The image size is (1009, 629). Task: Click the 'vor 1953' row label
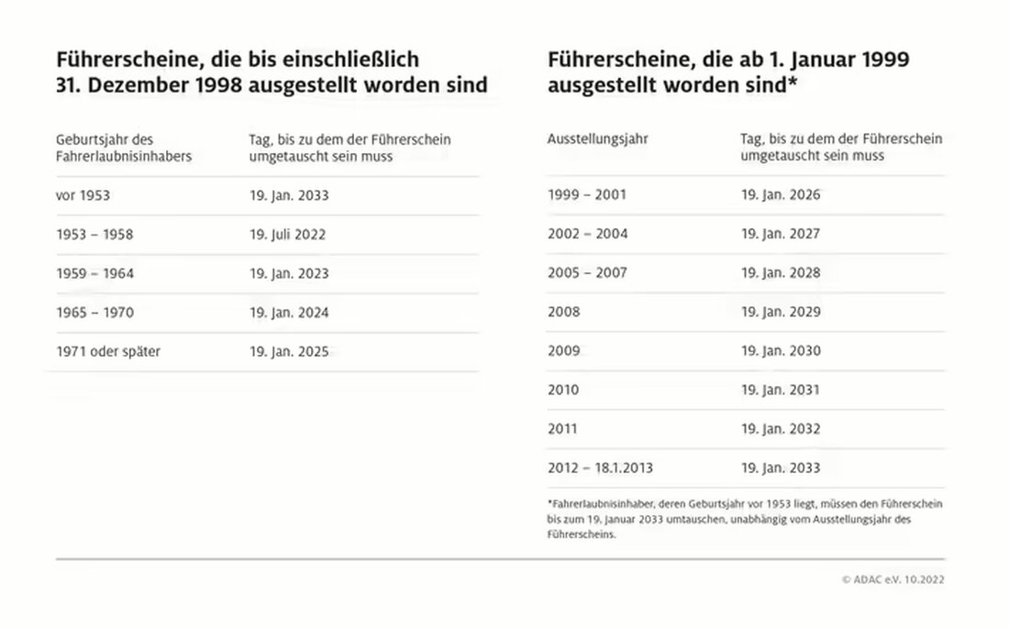83,195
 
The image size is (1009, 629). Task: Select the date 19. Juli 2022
287,235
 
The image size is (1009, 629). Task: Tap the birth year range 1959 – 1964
94,273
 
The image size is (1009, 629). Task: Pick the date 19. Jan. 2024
288,313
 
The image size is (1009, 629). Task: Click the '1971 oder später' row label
108,351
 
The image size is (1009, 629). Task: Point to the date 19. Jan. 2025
288,351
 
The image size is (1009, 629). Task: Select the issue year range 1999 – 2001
587,195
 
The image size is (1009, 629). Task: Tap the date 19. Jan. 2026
781,195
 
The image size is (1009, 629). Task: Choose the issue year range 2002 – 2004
587,234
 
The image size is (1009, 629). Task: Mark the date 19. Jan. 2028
781,273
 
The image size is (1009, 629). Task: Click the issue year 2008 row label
564,312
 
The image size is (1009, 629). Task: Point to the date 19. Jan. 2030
781,351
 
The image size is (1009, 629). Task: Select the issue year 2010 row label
564,390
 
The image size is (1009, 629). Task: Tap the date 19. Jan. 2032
781,429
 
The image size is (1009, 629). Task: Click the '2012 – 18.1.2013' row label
600,468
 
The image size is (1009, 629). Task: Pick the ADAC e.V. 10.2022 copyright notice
893,579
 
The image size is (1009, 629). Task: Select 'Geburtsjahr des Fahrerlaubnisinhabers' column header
124,148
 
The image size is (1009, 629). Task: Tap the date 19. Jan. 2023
288,273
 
